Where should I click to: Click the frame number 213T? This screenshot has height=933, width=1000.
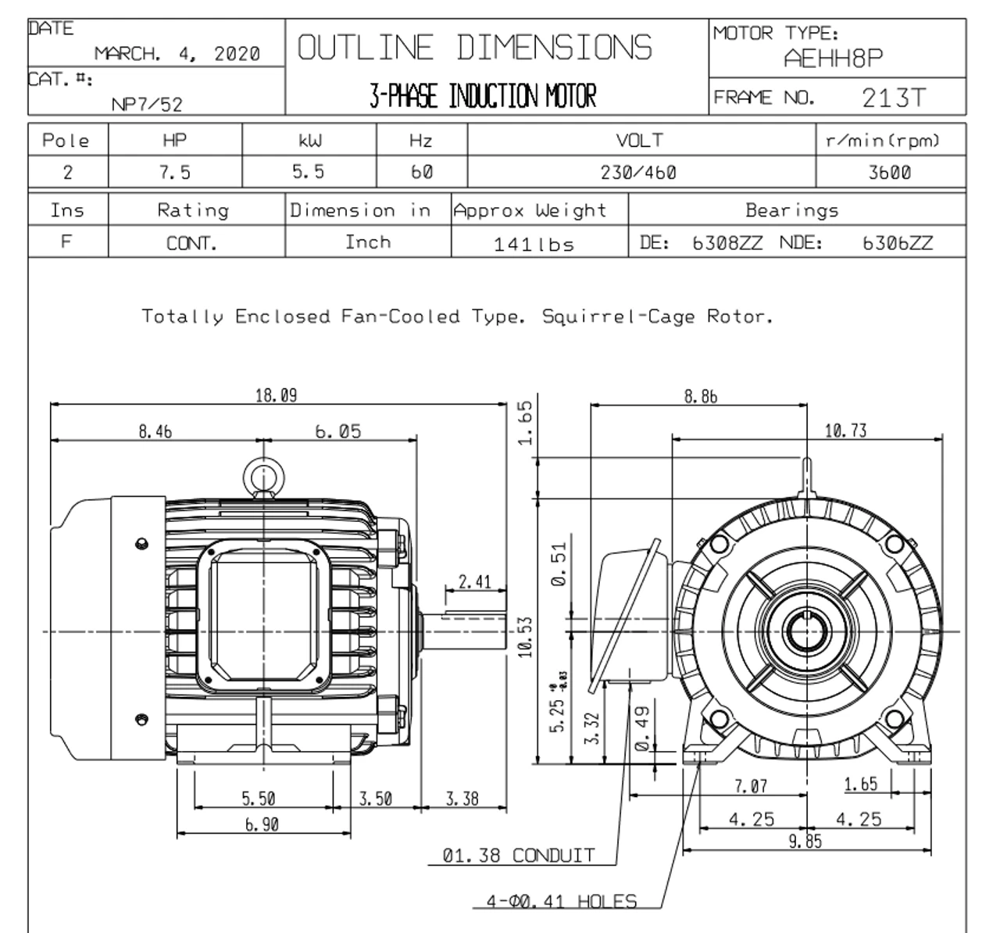pyautogui.click(x=894, y=98)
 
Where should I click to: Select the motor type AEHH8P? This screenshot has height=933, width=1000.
pyautogui.click(x=834, y=59)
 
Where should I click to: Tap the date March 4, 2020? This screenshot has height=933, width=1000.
pyautogui.click(x=177, y=54)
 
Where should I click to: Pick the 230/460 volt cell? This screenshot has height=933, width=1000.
pyautogui.click(x=638, y=173)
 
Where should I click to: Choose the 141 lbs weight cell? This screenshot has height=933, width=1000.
pyautogui.click(x=534, y=245)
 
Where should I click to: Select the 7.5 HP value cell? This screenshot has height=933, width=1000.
pyautogui.click(x=174, y=173)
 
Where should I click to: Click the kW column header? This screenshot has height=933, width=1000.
pyautogui.click(x=309, y=141)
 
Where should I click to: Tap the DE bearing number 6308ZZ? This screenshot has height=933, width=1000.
pyautogui.click(x=727, y=243)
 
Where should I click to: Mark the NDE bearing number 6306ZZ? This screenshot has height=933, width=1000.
pyautogui.click(x=897, y=243)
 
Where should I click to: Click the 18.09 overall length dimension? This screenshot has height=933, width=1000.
pyautogui.click(x=276, y=395)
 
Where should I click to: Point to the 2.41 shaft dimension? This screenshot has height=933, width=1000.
pyautogui.click(x=474, y=581)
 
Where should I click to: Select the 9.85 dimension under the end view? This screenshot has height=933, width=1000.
pyautogui.click(x=805, y=842)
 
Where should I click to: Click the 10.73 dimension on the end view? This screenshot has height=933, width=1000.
pyautogui.click(x=845, y=431)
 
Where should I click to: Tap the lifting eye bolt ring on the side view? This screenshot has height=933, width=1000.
pyautogui.click(x=259, y=475)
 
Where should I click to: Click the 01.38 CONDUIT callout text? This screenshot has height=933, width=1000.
pyautogui.click(x=518, y=856)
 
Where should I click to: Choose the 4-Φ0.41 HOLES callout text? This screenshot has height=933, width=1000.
pyautogui.click(x=561, y=901)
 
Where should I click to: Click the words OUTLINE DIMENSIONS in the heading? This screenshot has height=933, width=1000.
pyautogui.click(x=474, y=48)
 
